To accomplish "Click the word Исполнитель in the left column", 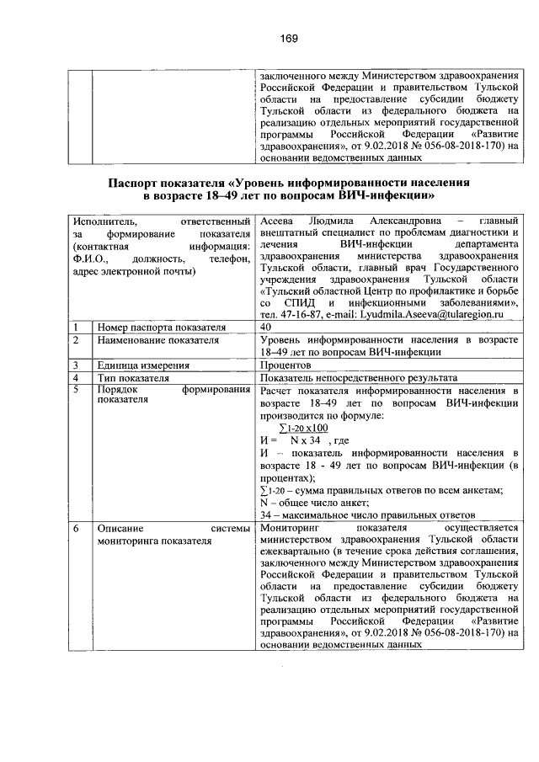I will [103, 219].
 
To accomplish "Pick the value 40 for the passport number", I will [266, 327].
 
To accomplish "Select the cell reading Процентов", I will [287, 365].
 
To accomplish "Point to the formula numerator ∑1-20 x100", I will [304, 428].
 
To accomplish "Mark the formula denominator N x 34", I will [302, 440].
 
